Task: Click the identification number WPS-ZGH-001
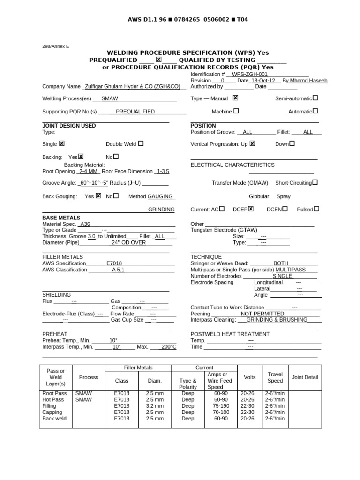click(x=250, y=74)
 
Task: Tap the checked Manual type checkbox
click(x=235, y=98)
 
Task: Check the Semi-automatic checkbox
click(x=315, y=98)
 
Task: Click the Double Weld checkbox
click(x=141, y=144)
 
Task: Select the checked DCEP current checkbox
click(x=251, y=209)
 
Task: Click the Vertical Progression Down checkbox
click(x=292, y=144)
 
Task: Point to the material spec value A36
click(x=85, y=224)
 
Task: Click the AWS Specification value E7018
click(x=114, y=263)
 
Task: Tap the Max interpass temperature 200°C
click(x=169, y=347)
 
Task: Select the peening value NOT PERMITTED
click(x=262, y=314)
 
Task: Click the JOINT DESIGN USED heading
click(x=69, y=126)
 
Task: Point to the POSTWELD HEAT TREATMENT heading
click(x=230, y=334)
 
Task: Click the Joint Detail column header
click(x=305, y=377)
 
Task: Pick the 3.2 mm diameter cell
click(x=155, y=405)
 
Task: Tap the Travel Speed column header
click(x=275, y=377)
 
